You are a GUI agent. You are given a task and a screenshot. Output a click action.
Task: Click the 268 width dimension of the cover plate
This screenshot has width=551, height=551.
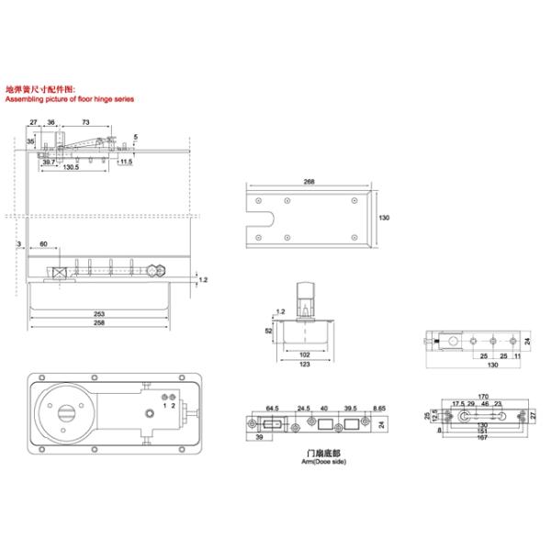tap(309, 182)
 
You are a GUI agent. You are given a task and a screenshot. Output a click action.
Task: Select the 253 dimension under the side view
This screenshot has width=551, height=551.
tap(98, 314)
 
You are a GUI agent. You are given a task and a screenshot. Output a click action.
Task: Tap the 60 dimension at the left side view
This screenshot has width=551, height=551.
tap(43, 244)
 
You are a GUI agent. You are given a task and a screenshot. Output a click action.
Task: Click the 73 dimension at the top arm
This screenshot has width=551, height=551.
tap(84, 121)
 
